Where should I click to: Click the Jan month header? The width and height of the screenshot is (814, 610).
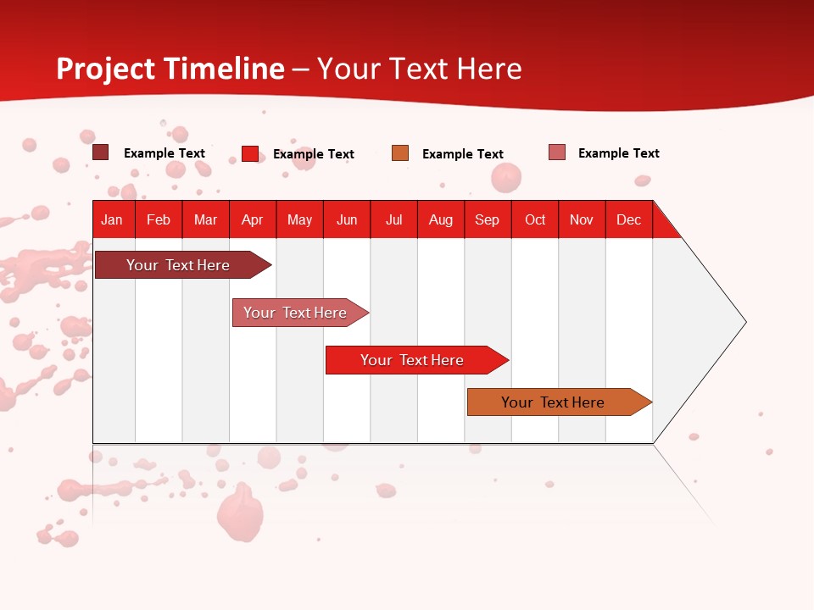click(x=112, y=219)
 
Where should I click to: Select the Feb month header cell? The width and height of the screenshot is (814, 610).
click(x=159, y=219)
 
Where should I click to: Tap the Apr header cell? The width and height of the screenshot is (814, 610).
click(x=252, y=219)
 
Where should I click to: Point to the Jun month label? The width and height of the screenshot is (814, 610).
click(x=347, y=219)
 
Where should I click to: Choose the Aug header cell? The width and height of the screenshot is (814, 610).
click(x=440, y=219)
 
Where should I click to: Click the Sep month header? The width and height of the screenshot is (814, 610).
click(x=487, y=219)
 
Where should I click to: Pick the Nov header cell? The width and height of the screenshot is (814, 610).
click(x=581, y=219)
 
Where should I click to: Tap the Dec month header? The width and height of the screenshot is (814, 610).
click(x=628, y=219)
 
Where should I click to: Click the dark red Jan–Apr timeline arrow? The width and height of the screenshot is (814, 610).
click(x=178, y=265)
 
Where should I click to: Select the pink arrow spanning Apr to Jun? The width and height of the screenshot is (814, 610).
click(x=295, y=313)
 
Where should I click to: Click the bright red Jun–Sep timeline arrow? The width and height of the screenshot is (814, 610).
click(x=412, y=360)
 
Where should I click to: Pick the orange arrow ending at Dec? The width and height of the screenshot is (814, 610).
click(x=553, y=402)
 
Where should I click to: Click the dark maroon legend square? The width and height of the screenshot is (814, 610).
click(x=100, y=152)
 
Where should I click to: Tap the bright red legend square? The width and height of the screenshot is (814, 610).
click(x=249, y=153)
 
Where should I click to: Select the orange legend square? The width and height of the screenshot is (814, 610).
click(x=400, y=153)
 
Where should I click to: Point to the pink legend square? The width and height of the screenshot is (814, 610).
click(x=556, y=152)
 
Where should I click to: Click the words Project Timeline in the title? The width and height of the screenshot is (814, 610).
click(x=170, y=69)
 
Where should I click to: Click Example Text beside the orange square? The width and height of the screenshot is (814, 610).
click(x=463, y=154)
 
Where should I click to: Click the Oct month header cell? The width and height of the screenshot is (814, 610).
click(x=535, y=219)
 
